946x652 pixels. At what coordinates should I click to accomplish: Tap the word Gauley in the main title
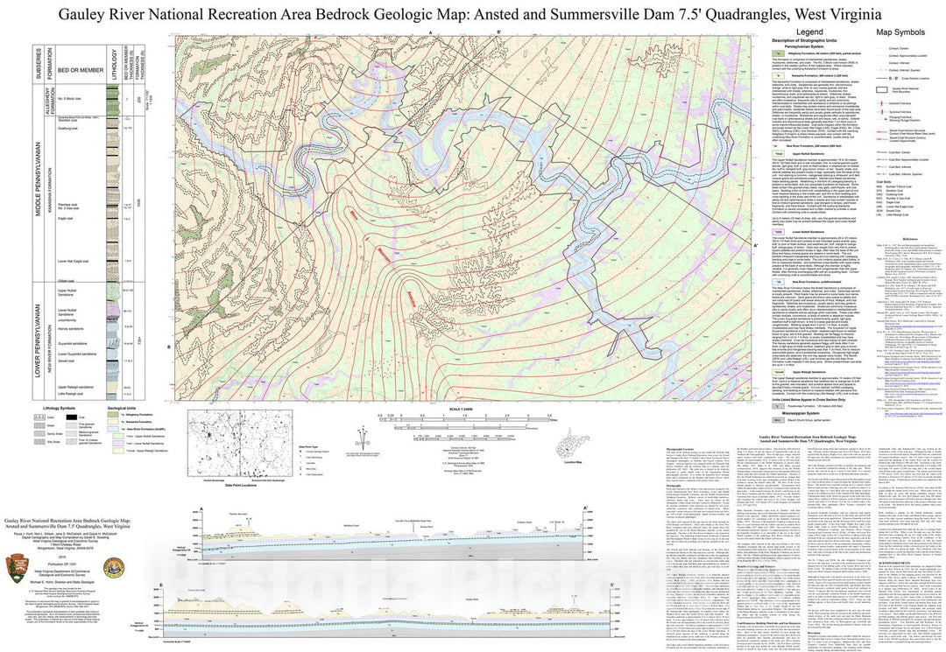click(x=84, y=13)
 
